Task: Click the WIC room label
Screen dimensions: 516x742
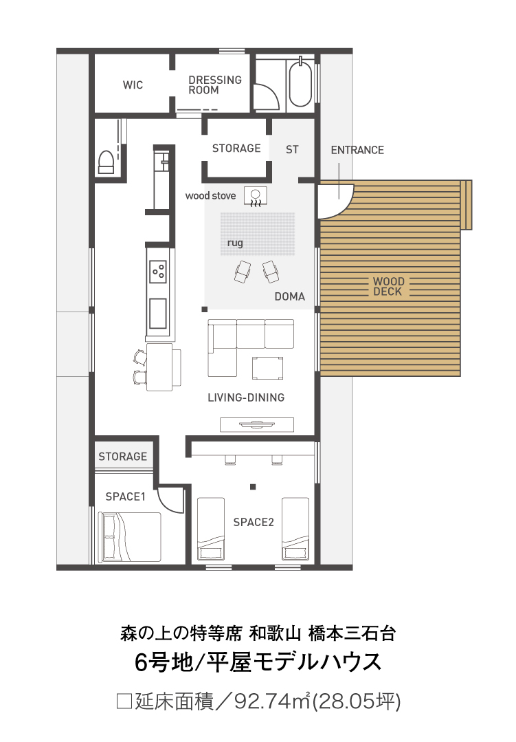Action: (x=133, y=85)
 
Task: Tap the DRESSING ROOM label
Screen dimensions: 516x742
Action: (x=215, y=85)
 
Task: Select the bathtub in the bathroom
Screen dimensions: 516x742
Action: (x=300, y=83)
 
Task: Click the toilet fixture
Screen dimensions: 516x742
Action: (x=106, y=162)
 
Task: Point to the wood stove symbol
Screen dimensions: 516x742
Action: (x=256, y=196)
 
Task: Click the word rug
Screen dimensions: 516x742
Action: (x=235, y=243)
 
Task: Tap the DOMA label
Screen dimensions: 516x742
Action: (x=289, y=296)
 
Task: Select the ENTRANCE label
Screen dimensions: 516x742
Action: (x=357, y=150)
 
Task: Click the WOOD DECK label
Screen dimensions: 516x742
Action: (x=388, y=287)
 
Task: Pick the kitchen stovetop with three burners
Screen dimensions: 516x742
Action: (x=158, y=272)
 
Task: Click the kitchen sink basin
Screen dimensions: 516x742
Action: (x=158, y=314)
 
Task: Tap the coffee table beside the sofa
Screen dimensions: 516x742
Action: (x=268, y=368)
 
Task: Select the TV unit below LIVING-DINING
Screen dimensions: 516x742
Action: (x=257, y=424)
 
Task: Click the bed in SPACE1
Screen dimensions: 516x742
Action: (x=129, y=537)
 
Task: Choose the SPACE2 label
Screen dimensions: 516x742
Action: (x=254, y=523)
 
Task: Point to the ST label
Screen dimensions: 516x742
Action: (x=292, y=150)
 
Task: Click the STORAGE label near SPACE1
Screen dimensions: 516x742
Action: (x=122, y=457)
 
